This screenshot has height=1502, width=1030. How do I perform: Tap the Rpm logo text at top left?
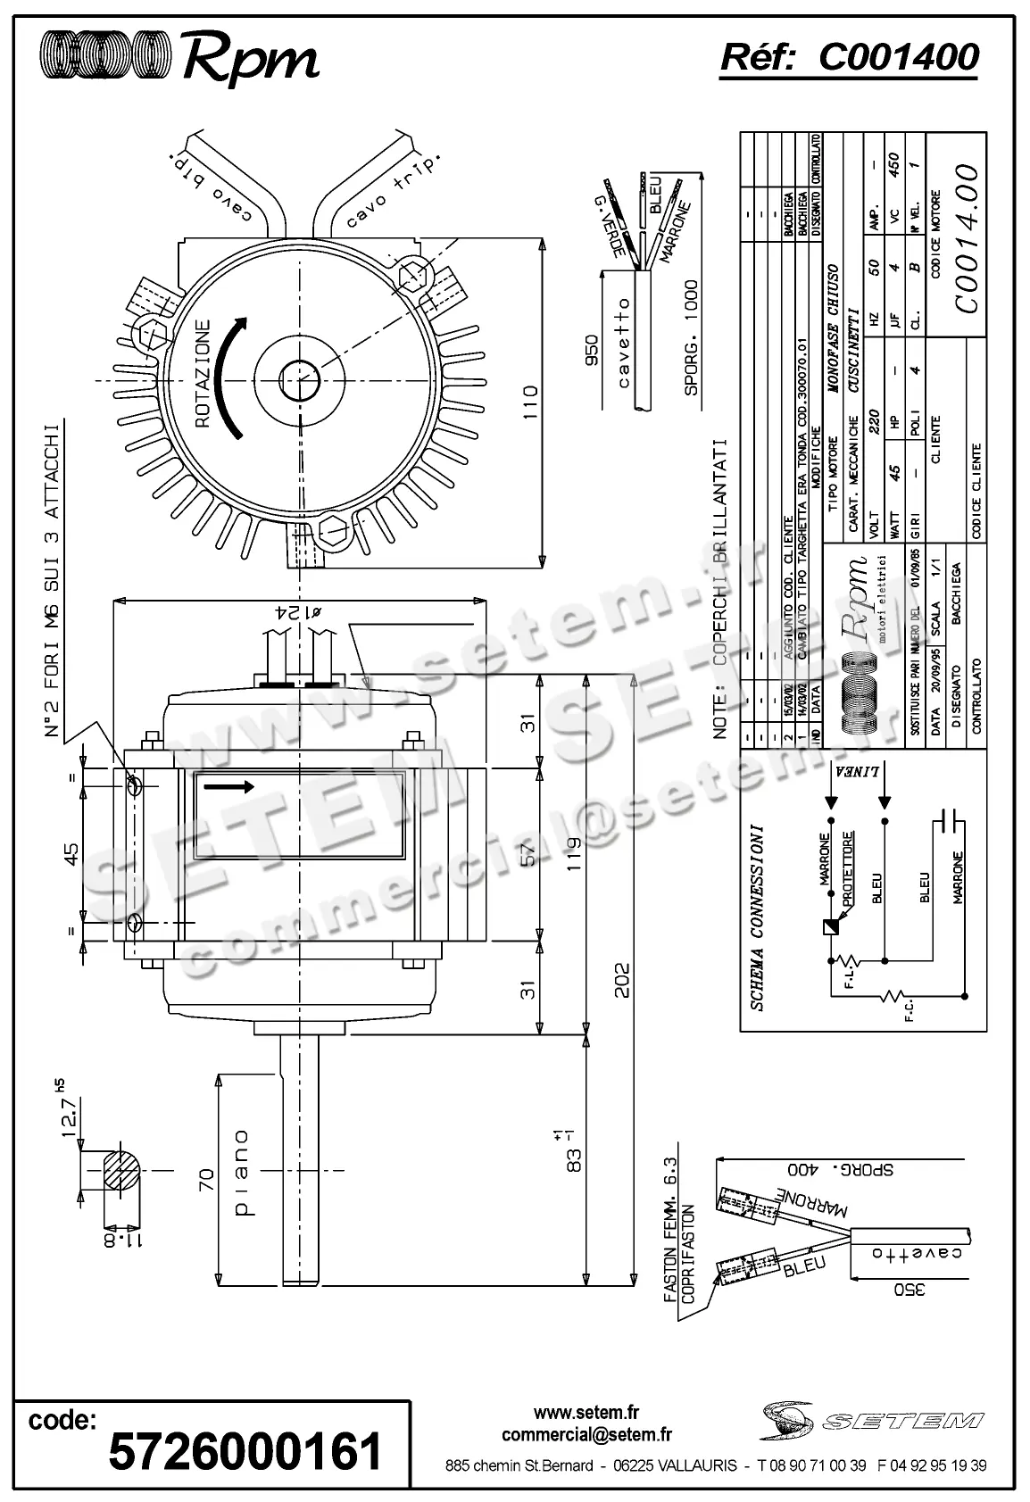coord(251,60)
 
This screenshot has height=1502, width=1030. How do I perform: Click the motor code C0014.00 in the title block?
coord(966,237)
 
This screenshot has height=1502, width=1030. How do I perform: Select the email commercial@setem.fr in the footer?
coord(586,1435)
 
